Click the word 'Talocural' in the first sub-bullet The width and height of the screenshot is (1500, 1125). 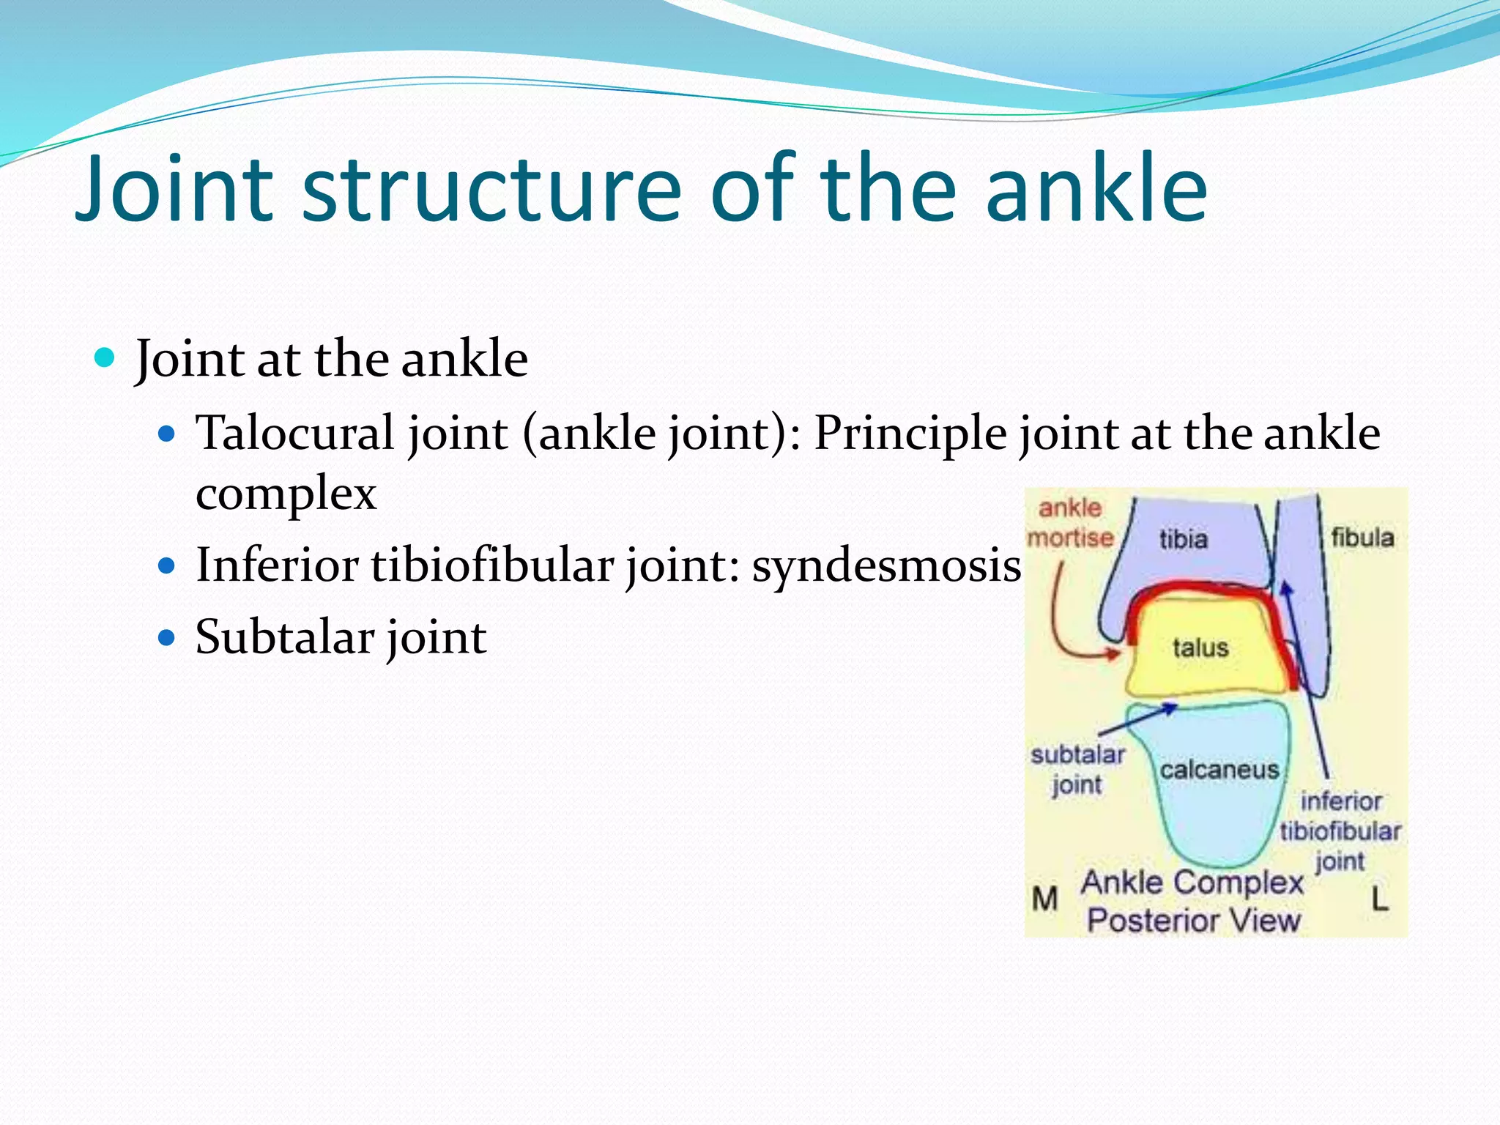[295, 433]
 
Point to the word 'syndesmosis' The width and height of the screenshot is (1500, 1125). [886, 566]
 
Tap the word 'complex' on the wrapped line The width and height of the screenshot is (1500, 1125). [286, 494]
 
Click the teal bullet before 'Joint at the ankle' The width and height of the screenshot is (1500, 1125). [105, 358]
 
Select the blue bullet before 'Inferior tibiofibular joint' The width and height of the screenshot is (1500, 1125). [168, 566]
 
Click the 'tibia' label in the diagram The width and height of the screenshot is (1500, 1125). [1183, 540]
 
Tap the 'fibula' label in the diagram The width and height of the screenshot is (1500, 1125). [1362, 538]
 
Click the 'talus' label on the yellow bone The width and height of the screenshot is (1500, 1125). [1200, 648]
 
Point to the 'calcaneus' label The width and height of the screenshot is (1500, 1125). [1219, 770]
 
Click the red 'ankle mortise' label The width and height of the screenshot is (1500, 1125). [1070, 523]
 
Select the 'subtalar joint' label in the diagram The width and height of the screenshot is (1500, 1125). [1077, 769]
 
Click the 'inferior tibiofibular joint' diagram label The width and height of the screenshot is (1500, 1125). [1340, 831]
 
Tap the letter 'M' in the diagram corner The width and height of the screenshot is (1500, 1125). [1044, 899]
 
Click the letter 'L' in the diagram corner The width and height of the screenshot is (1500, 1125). [1380, 899]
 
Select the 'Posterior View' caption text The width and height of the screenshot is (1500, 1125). [1193, 921]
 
